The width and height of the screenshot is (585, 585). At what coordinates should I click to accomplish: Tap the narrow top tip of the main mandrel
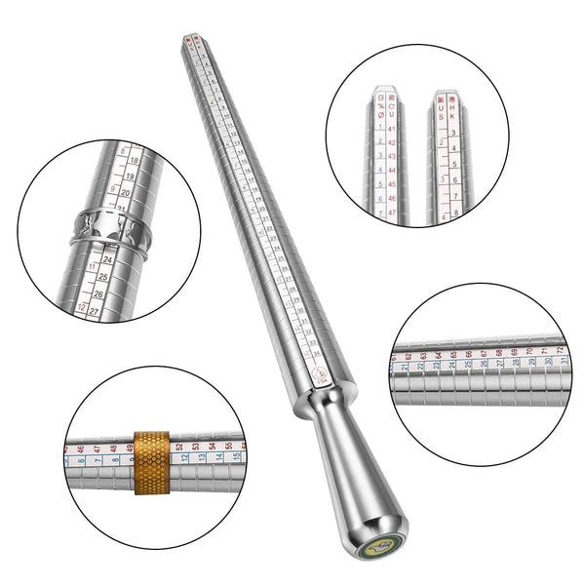point(188,42)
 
